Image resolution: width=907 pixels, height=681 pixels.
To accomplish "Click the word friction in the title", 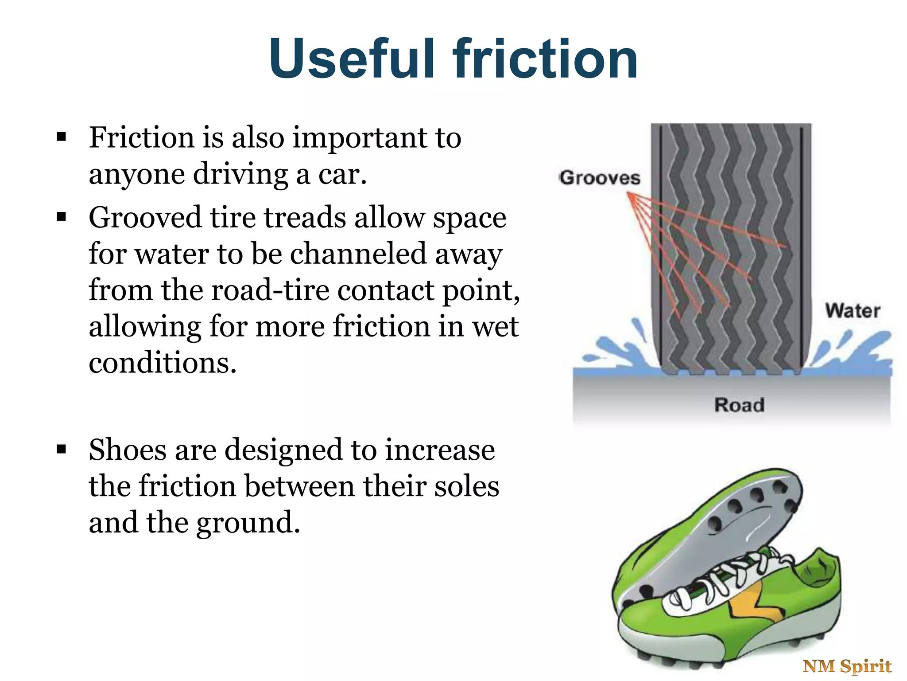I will click(x=545, y=59).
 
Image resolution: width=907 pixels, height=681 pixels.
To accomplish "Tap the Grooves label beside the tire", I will click(x=600, y=178).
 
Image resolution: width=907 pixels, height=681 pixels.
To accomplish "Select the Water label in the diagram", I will click(x=853, y=311).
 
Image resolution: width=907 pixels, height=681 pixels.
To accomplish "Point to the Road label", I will click(x=739, y=405).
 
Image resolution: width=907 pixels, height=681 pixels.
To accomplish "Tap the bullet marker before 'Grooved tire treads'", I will click(x=62, y=217).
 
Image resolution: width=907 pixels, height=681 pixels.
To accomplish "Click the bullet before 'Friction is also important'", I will click(x=62, y=137).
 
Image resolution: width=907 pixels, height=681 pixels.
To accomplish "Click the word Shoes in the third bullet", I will click(x=128, y=450).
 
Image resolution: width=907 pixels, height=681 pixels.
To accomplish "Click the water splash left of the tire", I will click(x=616, y=350).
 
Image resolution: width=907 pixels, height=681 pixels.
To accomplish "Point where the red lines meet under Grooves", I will click(x=629, y=194).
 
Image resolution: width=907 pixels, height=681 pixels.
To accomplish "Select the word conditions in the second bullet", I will click(x=163, y=363).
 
